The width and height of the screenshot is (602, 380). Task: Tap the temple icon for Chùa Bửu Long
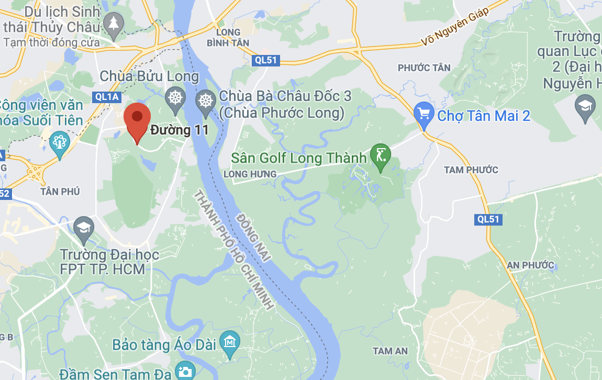(x=175, y=97)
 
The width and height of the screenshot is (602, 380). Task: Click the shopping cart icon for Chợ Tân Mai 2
(x=423, y=113)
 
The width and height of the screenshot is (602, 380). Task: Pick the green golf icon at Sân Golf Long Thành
(x=380, y=155)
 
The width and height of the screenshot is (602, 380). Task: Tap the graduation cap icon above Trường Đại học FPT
(x=84, y=228)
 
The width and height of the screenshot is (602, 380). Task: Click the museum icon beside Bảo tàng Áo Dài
(x=229, y=342)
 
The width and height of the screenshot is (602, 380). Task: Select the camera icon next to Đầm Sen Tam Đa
(x=184, y=372)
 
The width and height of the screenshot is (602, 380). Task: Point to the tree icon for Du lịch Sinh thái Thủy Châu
(x=113, y=24)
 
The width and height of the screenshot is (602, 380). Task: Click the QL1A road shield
(x=107, y=97)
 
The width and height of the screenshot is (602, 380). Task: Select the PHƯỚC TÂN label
(x=424, y=68)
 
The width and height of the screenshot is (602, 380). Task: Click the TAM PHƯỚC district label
(x=471, y=170)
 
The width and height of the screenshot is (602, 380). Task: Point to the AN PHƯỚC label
(x=530, y=265)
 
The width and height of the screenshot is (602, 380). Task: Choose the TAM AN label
(x=390, y=351)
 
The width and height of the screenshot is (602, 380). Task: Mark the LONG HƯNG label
(x=250, y=174)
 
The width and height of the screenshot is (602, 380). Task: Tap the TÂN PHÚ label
(x=60, y=192)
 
